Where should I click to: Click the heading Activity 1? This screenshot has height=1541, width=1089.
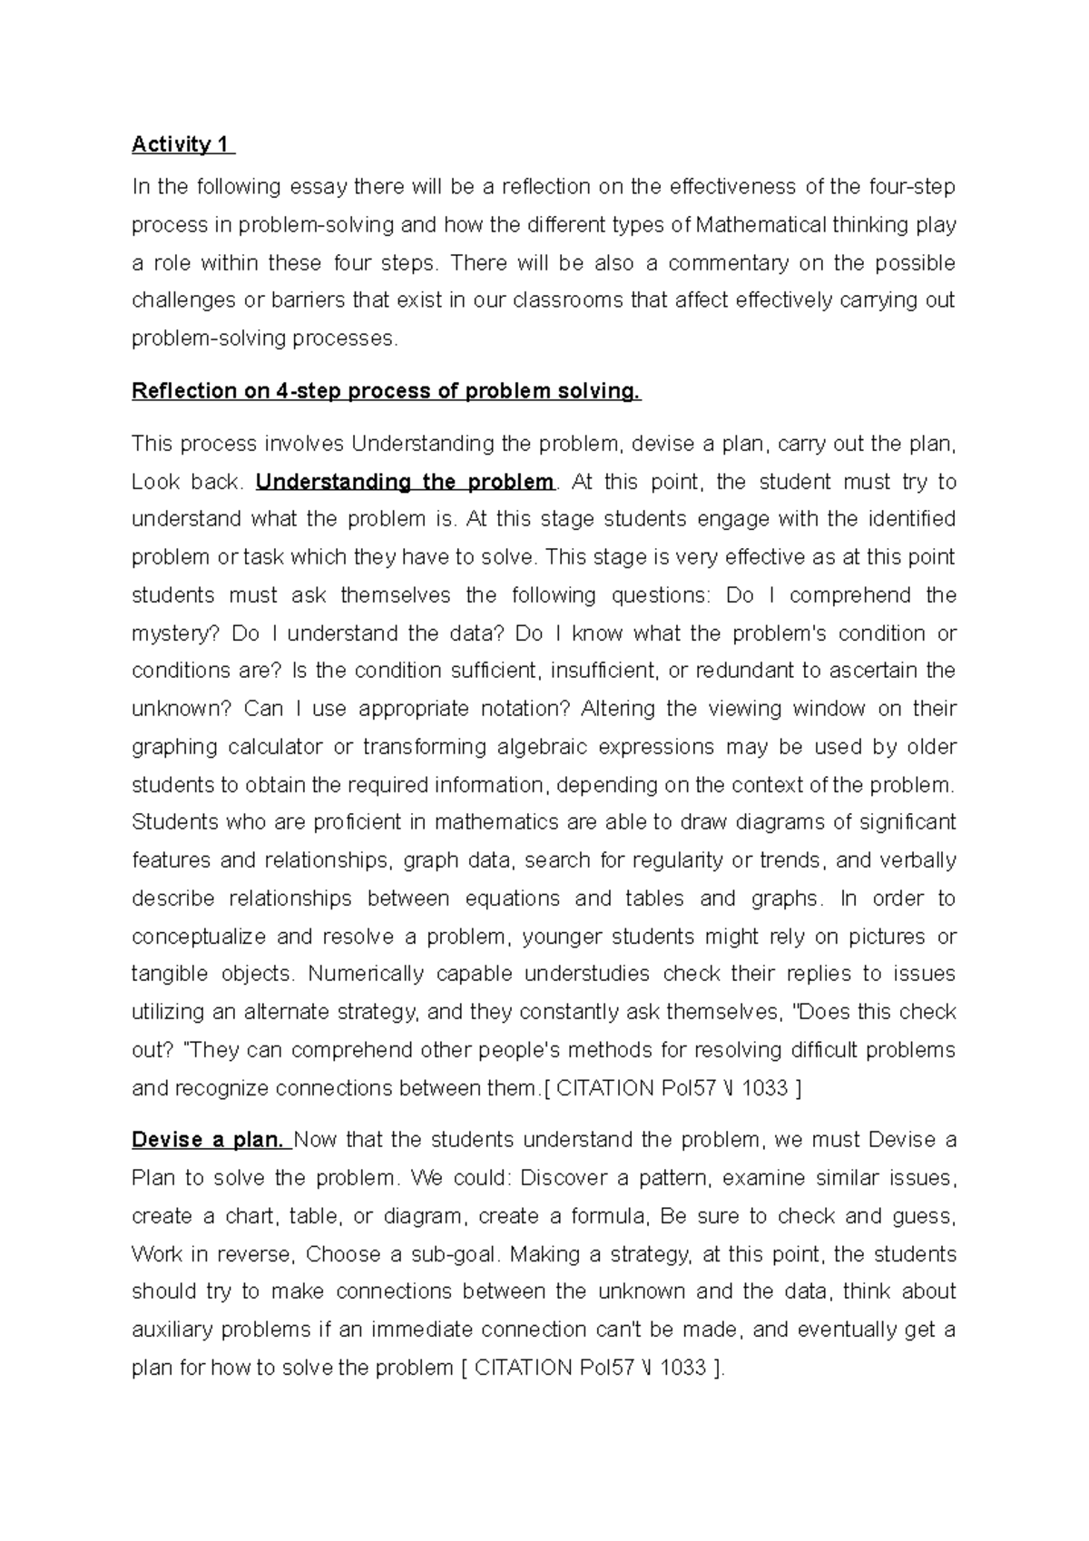coord(181,144)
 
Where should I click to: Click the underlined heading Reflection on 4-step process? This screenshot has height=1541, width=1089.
coord(386,391)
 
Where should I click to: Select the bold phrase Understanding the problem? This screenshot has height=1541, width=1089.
coord(405,482)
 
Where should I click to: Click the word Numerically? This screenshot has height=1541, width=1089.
coord(366,975)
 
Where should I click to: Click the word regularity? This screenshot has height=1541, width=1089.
coord(673,860)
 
